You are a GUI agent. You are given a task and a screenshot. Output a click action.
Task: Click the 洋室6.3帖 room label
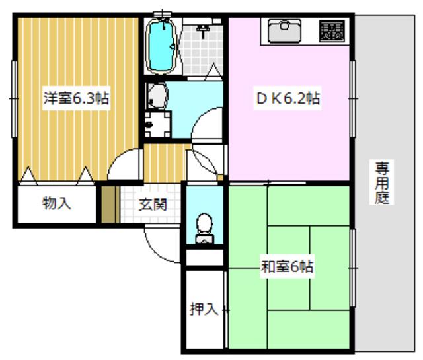(77, 98)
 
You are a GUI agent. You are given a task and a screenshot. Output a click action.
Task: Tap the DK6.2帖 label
(288, 98)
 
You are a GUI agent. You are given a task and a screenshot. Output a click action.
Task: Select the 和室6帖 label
(287, 266)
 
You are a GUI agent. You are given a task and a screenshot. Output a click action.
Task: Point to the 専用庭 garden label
(382, 182)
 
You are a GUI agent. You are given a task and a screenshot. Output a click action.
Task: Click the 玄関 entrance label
(153, 204)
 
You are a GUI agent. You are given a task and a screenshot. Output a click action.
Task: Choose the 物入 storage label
(57, 203)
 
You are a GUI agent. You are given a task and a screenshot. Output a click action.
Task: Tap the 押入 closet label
(204, 308)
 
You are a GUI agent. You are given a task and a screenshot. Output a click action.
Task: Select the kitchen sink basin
(285, 31)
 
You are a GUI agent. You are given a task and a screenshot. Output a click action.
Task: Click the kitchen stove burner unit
(332, 31)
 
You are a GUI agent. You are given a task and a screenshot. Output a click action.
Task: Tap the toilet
(205, 228)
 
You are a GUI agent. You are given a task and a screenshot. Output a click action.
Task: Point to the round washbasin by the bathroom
(157, 96)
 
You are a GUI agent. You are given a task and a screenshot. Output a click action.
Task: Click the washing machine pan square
(158, 125)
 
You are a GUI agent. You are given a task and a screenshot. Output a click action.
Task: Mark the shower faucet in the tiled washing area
(204, 30)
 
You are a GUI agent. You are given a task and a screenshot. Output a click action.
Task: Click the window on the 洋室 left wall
(14, 99)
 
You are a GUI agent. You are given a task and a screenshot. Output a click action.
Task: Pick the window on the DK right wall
(352, 99)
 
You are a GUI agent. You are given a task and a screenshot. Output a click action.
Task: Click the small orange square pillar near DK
(220, 178)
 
